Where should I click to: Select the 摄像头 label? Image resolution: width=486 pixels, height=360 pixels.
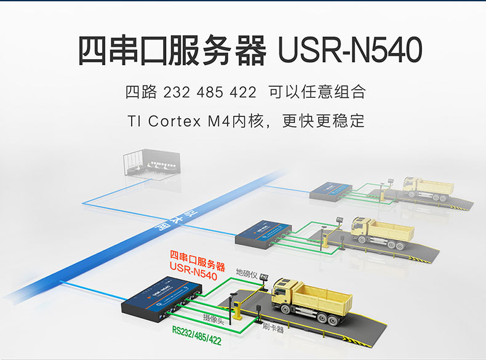tap(213, 318)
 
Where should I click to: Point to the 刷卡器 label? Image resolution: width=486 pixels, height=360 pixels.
tap(272, 329)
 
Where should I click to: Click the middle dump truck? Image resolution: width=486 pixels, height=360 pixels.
tap(381, 231)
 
